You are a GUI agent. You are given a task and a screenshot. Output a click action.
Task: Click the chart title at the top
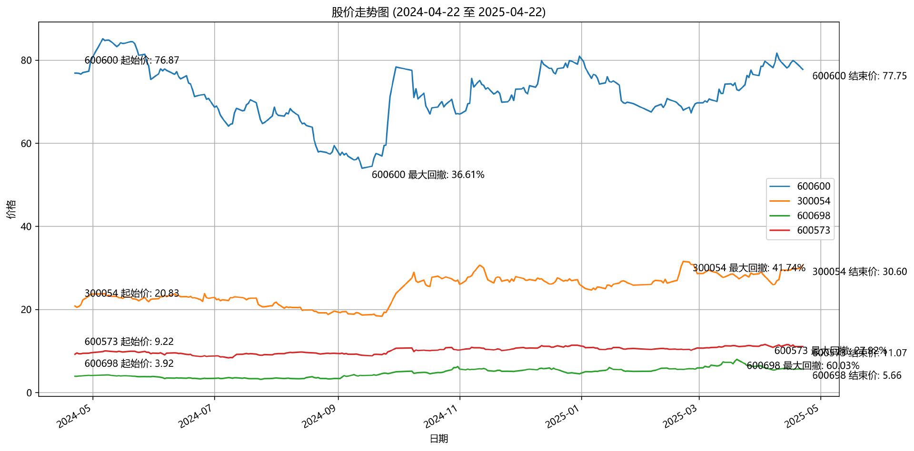tap(438, 12)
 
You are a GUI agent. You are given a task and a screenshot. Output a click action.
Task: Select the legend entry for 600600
tap(814, 186)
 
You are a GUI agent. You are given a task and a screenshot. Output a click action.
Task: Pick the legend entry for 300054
tap(814, 201)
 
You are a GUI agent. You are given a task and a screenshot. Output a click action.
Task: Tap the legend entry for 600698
tap(814, 216)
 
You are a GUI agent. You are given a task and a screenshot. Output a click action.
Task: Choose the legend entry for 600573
tap(814, 231)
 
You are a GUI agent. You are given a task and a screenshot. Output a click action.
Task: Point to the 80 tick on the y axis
tap(26, 60)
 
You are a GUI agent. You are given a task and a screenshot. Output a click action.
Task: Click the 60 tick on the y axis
tap(26, 144)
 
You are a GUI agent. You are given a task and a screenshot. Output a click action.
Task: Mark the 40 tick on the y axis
tap(26, 226)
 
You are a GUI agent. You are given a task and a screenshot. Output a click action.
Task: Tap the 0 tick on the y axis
tap(30, 393)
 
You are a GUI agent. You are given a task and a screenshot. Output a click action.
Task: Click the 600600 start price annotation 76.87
tap(132, 60)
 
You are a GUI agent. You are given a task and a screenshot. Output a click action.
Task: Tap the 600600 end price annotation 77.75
tap(859, 76)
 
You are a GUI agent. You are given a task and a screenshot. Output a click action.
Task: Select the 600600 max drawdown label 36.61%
tap(428, 175)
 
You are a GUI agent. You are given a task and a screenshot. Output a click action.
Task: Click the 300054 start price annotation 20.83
tap(132, 294)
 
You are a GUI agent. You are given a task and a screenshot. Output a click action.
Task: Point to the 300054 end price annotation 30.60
tap(859, 272)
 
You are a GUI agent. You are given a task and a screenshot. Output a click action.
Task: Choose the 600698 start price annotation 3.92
tap(129, 364)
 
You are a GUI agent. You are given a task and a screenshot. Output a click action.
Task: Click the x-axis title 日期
tap(438, 439)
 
